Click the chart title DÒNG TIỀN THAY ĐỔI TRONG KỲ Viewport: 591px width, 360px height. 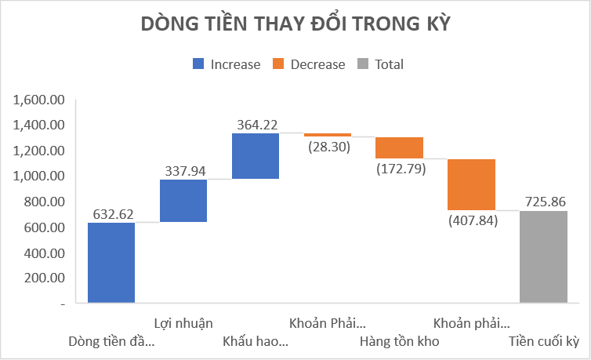[295, 24]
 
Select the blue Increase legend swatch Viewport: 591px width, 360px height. [198, 64]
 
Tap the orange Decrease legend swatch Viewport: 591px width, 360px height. [278, 64]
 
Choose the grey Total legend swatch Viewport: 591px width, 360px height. [363, 64]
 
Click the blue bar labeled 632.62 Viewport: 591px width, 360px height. [111, 263]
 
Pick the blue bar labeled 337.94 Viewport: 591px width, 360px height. [183, 201]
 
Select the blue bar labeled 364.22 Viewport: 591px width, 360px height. [256, 156]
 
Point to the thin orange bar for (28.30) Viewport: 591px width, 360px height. [328, 135]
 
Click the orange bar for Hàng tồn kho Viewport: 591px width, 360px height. [399, 147]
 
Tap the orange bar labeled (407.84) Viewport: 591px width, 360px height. [471, 184]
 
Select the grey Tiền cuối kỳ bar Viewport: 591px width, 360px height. [543, 256]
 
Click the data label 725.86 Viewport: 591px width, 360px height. [543, 202]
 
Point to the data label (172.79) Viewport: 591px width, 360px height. [399, 168]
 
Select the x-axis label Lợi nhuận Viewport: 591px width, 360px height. [183, 322]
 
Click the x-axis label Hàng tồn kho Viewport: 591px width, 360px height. [399, 342]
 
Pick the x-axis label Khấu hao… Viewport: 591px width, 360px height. [256, 342]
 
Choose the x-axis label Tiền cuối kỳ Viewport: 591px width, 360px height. [543, 342]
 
